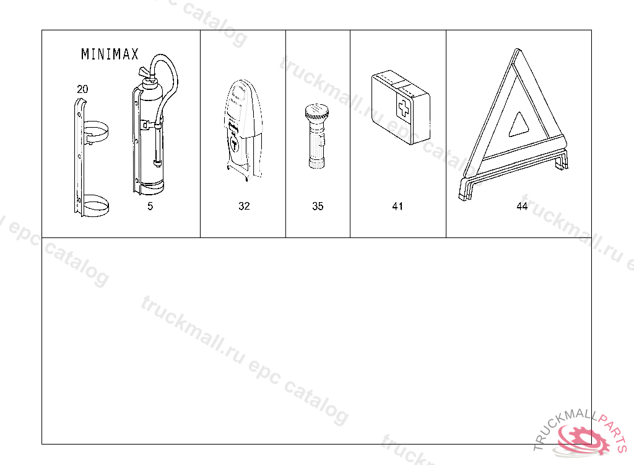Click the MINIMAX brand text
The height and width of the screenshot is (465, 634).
110,55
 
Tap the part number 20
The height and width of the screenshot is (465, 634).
82,89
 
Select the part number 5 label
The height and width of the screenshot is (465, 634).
150,206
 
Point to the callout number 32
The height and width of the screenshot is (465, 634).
244,206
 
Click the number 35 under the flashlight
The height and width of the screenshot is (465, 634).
318,206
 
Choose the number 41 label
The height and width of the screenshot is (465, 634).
397,206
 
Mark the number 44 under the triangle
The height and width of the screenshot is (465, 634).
522,206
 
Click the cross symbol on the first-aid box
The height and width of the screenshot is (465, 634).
404,108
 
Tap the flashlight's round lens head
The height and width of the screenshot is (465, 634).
316,111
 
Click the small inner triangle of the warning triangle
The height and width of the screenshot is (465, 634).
518,125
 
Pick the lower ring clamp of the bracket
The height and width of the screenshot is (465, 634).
96,205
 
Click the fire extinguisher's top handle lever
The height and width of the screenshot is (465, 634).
145,72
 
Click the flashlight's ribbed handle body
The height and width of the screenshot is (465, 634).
316,144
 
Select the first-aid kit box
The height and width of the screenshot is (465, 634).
401,107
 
